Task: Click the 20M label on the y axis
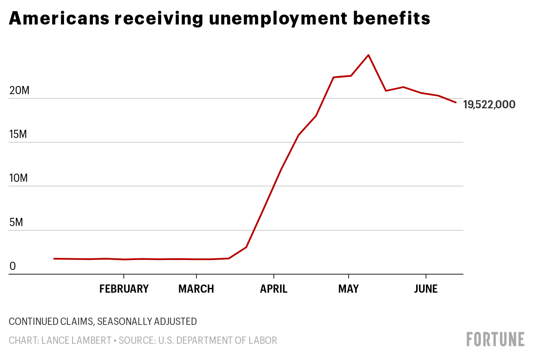tap(18, 91)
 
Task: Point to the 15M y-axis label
tap(18, 135)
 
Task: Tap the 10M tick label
tap(18, 178)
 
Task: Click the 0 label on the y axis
tap(12, 266)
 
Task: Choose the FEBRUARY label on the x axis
tap(124, 289)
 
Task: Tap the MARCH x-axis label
tap(196, 289)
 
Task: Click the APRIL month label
tap(274, 289)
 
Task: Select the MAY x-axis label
tap(348, 289)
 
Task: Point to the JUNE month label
tap(426, 289)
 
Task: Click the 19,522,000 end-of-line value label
tap(489, 104)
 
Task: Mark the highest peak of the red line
tap(368, 55)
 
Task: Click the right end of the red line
tap(456, 102)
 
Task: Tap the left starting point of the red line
tap(54, 259)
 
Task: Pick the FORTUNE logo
tap(495, 339)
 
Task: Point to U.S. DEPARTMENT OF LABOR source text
tap(217, 341)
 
